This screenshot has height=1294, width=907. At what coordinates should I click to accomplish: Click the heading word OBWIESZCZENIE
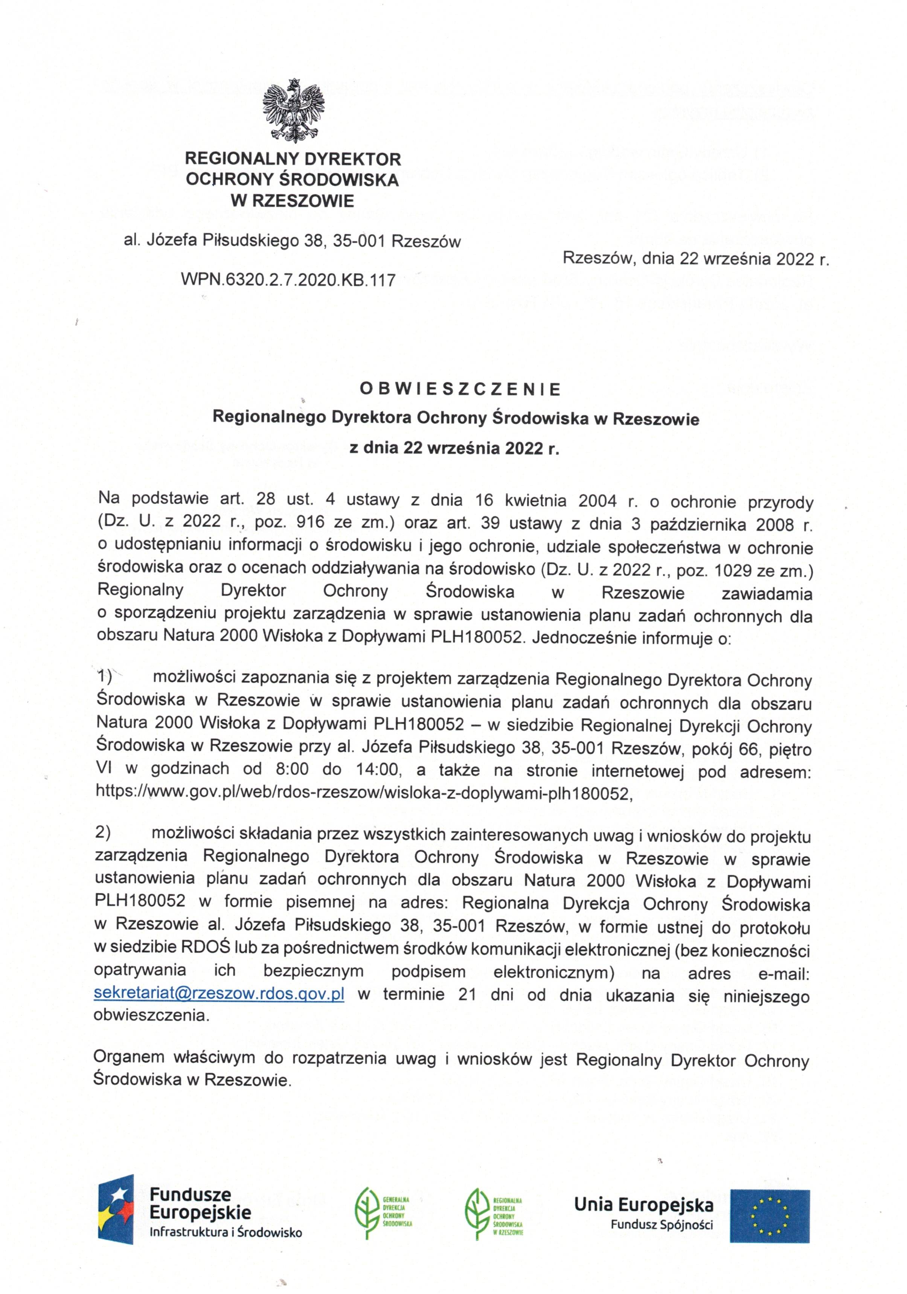[460, 389]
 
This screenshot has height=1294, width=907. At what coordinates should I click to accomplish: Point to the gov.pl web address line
[364, 794]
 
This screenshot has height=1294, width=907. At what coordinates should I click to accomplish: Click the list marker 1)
[105, 676]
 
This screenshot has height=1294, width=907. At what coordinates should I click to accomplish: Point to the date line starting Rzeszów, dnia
[696, 259]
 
